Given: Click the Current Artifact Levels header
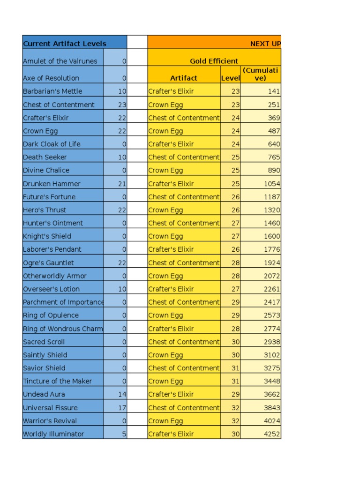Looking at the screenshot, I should coord(65,44).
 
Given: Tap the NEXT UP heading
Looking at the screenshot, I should coord(265,44).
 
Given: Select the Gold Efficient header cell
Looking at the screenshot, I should coord(214,61).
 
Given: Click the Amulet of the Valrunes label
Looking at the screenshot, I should coord(60,61).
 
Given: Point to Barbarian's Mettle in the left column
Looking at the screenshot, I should coord(52,91).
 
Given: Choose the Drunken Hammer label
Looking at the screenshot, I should coord(52,184).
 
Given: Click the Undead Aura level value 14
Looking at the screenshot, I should coord(122,394).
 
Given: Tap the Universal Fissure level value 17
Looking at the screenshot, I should coord(122,407).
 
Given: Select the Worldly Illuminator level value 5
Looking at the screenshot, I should coord(124,434).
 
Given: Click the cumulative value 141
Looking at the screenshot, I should coord(274,91).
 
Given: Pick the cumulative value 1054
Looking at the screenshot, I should coord(272,184).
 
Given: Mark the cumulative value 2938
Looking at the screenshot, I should coord(272,342).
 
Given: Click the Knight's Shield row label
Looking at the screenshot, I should coord(47,236).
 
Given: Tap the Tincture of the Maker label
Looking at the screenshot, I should coord(57,381).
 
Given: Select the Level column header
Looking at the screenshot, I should coord(230,78).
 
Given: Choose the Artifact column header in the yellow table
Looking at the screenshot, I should coord(184,78).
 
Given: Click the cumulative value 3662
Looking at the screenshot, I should coord(272,394).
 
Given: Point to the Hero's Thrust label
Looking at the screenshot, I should coord(45,210).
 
